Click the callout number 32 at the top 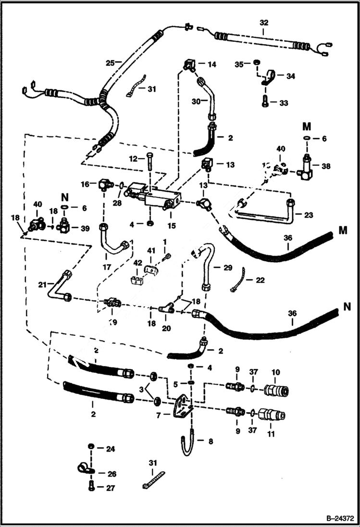[x=264, y=22]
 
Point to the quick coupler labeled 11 [x=271, y=414]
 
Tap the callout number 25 [x=110, y=63]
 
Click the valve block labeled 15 [x=159, y=197]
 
